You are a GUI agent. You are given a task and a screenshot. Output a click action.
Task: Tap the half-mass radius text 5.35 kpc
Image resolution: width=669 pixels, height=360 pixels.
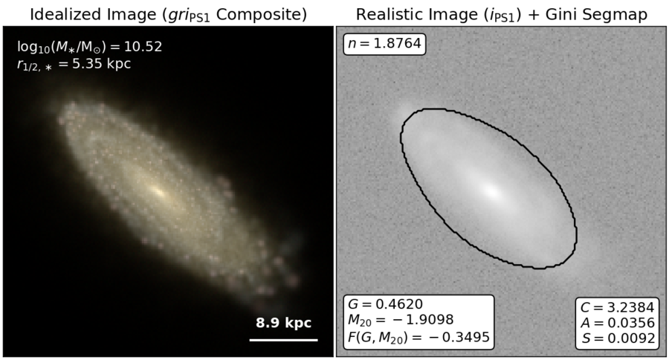coord(102,64)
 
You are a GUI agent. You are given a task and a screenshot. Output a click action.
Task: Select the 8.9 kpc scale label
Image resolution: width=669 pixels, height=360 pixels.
coord(284,323)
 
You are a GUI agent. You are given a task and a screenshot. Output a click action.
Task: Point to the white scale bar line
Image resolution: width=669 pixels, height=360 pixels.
coord(284,340)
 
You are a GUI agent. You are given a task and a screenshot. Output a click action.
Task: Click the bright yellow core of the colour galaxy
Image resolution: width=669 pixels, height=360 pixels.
coord(158,192)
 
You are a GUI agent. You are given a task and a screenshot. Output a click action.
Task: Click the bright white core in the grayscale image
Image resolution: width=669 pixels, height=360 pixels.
coord(492,191)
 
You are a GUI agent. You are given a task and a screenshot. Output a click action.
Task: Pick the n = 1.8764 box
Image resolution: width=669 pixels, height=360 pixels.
coord(384,44)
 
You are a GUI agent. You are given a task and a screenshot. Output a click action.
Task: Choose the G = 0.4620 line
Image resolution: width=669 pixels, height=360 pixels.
coord(385,304)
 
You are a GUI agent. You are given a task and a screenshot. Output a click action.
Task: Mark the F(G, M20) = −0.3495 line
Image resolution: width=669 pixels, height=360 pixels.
coord(418,337)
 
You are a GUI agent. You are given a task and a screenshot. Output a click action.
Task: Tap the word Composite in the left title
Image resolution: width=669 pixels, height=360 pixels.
coord(262,15)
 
